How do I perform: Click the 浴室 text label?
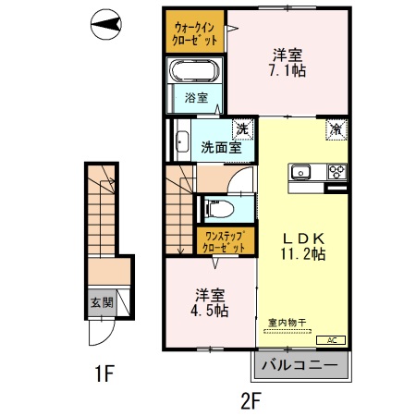tap(195, 97)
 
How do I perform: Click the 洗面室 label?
tap(222, 146)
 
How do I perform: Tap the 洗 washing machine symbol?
tap(242, 128)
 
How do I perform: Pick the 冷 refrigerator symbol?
tap(335, 129)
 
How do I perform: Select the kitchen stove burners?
tap(334, 172)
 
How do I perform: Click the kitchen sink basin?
tap(303, 172)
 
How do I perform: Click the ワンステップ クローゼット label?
tap(225, 242)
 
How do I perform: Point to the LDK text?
tap(302, 236)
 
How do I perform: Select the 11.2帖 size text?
tap(303, 253)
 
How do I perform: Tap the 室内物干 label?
tap(288, 323)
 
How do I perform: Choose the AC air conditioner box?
tap(332, 339)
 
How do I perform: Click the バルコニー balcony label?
tap(301, 365)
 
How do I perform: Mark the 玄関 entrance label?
tap(101, 300)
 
